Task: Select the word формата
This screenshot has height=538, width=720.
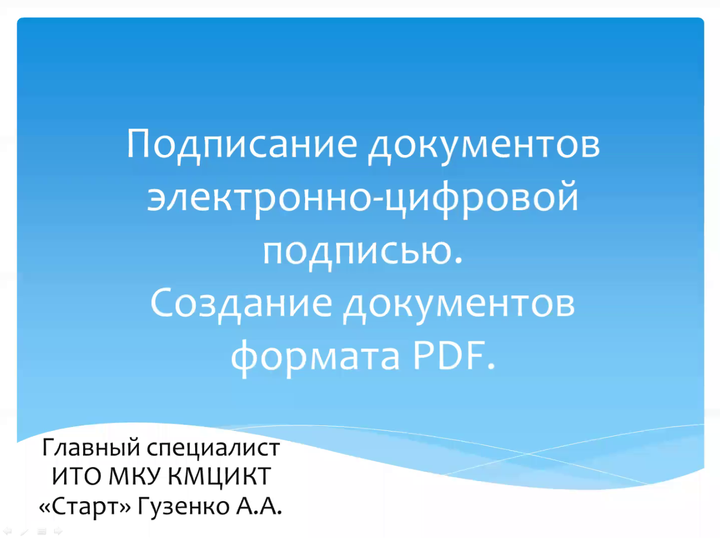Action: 315,358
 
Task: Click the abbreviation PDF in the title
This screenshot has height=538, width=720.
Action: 449,355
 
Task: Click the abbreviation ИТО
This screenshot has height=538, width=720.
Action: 77,476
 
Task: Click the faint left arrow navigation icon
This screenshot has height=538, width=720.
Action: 7,531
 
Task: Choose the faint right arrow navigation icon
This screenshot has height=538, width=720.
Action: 58,531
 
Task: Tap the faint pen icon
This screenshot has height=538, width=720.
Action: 25,531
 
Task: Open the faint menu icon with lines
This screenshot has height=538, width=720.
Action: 42,531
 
